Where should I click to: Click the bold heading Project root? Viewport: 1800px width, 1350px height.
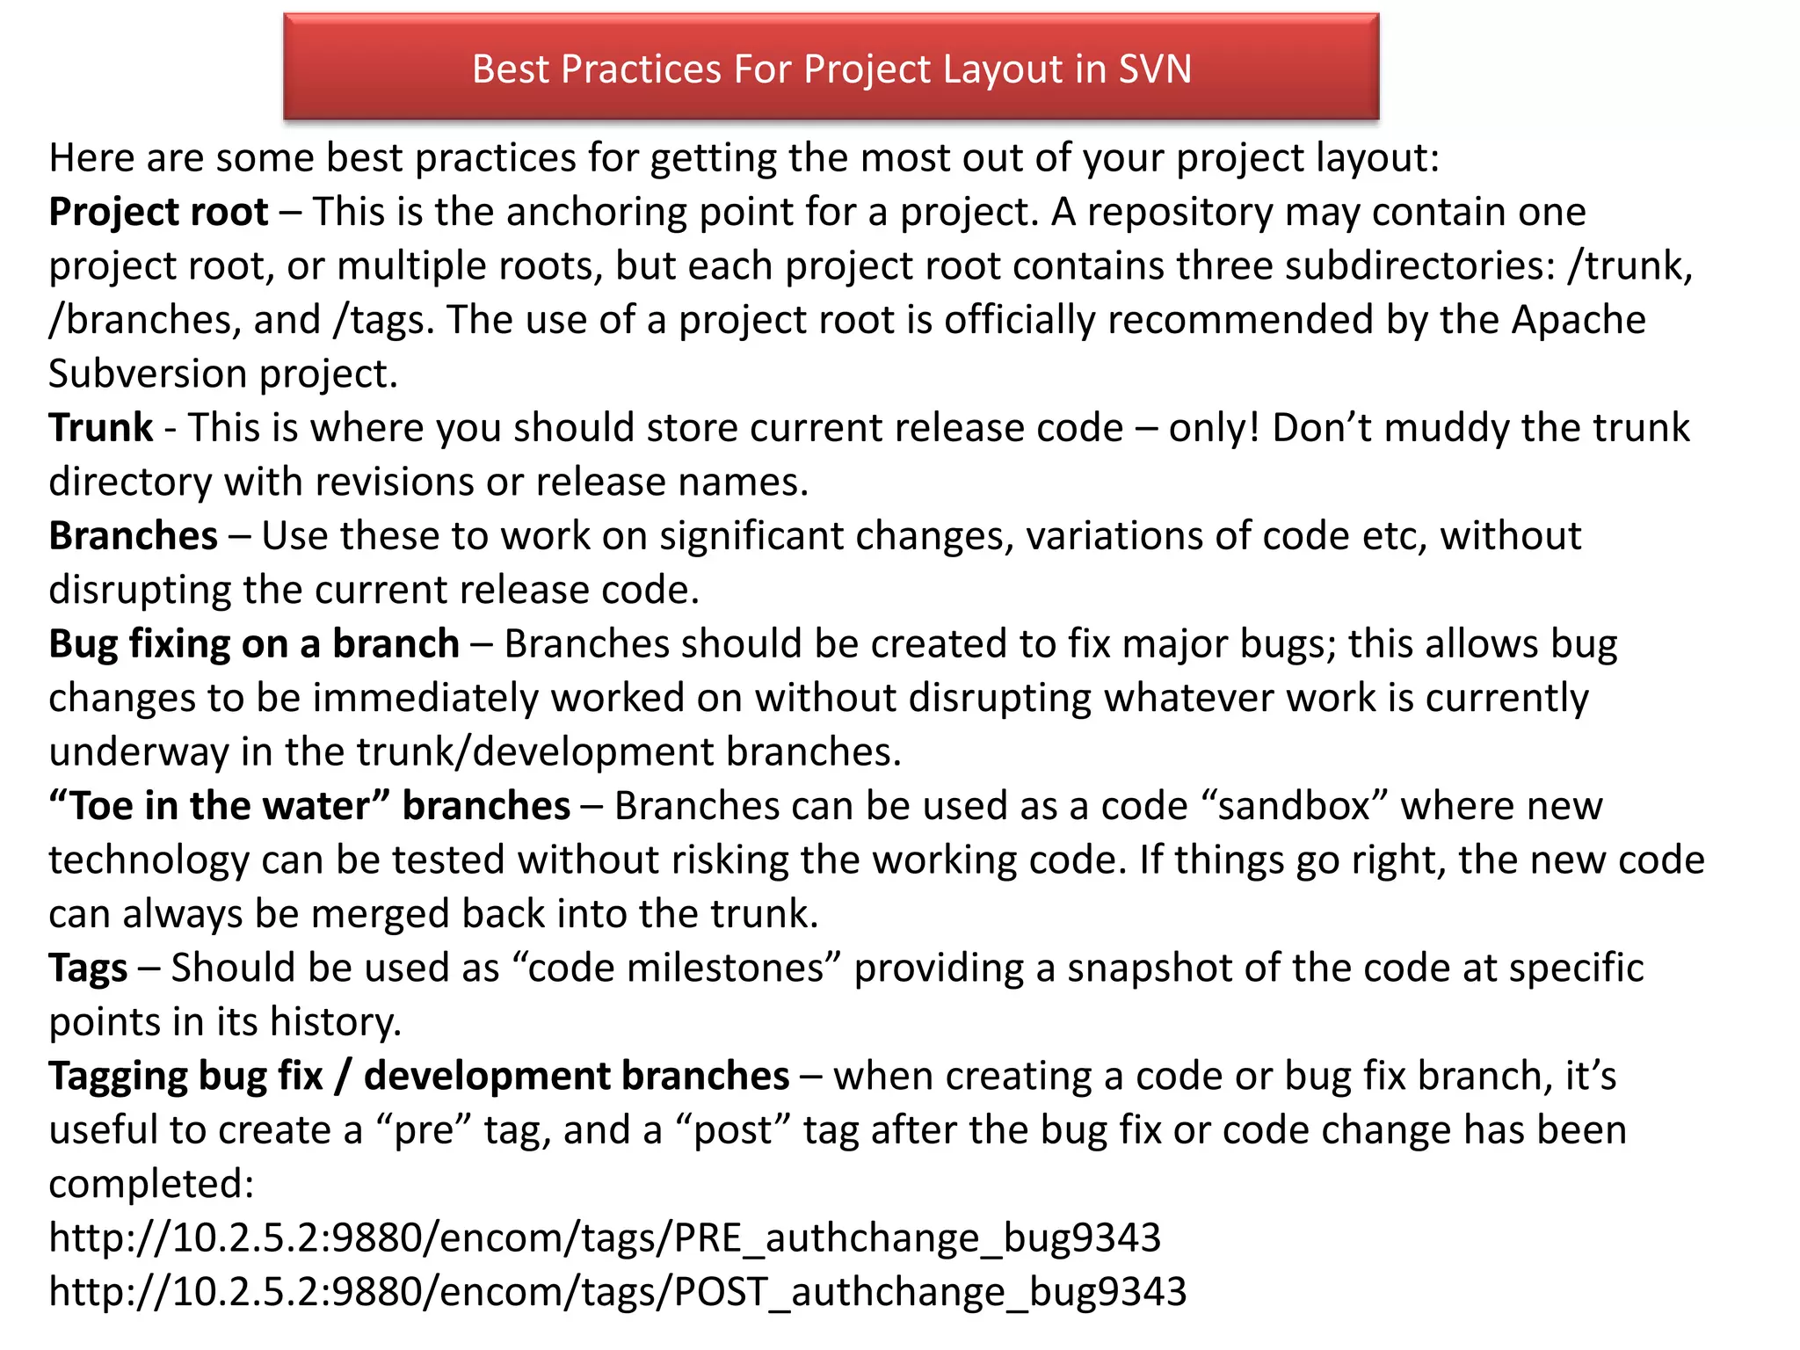[x=158, y=212]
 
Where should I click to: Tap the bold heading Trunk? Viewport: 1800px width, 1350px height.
[x=101, y=428]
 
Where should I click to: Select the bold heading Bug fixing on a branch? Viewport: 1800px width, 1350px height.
[x=254, y=644]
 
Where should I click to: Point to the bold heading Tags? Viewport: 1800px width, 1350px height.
[x=88, y=969]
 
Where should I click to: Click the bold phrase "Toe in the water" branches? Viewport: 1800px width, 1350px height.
[x=310, y=806]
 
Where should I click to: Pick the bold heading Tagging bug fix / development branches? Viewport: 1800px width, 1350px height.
[x=419, y=1077]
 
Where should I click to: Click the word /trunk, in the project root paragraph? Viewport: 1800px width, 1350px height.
[x=1630, y=266]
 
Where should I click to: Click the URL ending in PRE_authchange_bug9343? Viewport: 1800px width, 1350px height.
[x=605, y=1238]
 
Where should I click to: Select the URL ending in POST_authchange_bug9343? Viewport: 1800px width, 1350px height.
[x=618, y=1292]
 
